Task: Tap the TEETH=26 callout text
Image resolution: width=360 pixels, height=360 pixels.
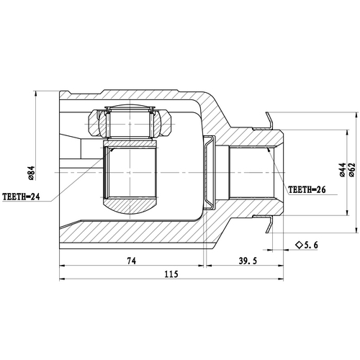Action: pyautogui.click(x=307, y=192)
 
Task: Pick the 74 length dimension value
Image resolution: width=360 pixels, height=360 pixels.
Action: pyautogui.click(x=130, y=261)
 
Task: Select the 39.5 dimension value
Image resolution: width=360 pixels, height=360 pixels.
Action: pyautogui.click(x=248, y=261)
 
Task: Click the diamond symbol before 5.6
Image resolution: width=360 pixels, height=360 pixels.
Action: pyautogui.click(x=297, y=246)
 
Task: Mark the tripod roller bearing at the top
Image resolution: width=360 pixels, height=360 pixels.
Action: pyautogui.click(x=130, y=123)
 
